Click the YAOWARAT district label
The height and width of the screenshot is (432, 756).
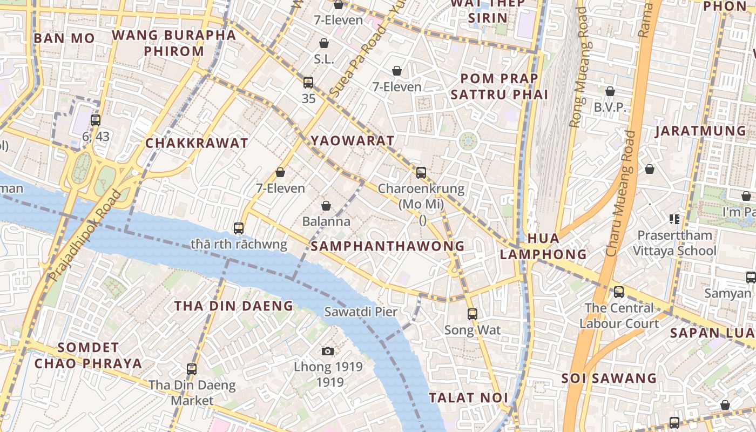(x=352, y=141)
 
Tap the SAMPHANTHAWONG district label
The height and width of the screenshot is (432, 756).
(x=388, y=246)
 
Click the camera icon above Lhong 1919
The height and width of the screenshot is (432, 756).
(x=327, y=352)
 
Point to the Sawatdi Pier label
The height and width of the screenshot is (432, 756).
(x=361, y=312)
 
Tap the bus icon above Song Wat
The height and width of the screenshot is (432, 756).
(x=473, y=314)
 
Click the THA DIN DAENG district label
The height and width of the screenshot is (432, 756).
(x=233, y=306)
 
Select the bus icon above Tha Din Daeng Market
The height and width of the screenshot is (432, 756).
(x=192, y=369)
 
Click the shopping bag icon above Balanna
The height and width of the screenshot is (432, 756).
(x=326, y=206)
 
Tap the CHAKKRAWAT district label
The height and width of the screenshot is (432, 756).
(x=197, y=143)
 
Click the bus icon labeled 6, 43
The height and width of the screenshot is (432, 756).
(x=96, y=120)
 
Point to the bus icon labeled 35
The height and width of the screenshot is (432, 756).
(x=308, y=83)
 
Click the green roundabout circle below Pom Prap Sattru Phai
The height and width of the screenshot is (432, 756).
(x=468, y=142)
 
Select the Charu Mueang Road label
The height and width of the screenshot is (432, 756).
(x=620, y=193)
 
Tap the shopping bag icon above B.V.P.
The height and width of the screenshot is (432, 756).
(x=610, y=92)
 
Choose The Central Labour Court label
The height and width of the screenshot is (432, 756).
(x=619, y=315)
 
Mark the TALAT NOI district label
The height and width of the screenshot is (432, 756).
(x=468, y=398)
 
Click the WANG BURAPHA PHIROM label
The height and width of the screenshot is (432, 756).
(x=174, y=43)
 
